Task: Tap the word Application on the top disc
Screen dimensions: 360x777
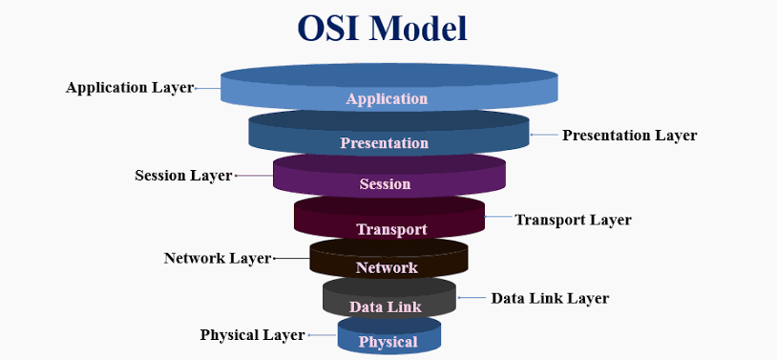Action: (387, 98)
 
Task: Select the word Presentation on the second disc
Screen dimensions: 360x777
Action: (385, 143)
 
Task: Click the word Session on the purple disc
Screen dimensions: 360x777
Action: (385, 183)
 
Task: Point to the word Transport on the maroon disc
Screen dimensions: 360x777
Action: (391, 229)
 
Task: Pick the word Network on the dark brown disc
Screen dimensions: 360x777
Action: (387, 267)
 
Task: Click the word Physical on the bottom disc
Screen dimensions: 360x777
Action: (388, 342)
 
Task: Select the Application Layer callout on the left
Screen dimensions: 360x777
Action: (129, 87)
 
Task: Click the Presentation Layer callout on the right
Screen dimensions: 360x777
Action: (629, 136)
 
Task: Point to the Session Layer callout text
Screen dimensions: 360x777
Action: (183, 176)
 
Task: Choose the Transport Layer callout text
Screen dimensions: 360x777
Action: (573, 220)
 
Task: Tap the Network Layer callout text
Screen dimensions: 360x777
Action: (218, 258)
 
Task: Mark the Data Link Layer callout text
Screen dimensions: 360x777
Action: (550, 298)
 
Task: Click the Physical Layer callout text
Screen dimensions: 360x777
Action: (252, 335)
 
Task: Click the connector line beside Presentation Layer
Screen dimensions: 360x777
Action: (543, 136)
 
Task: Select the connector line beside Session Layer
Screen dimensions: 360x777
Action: (254, 176)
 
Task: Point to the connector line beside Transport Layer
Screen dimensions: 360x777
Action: (497, 219)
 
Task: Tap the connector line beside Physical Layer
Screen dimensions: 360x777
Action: (322, 335)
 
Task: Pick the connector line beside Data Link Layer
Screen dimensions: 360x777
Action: (472, 298)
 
